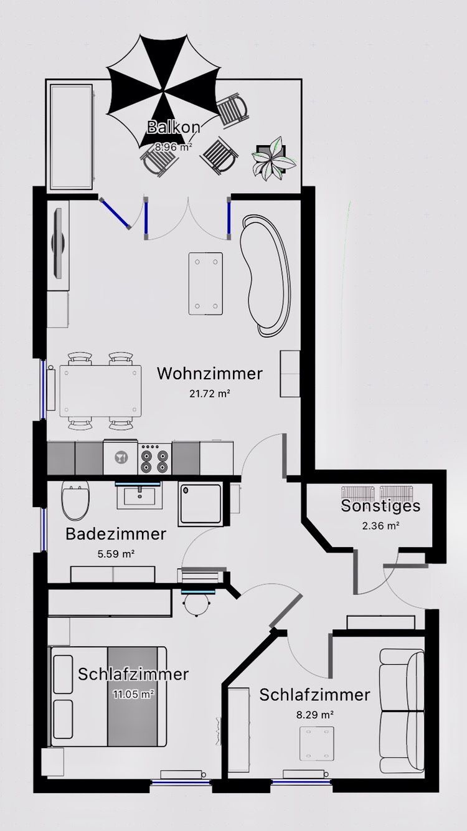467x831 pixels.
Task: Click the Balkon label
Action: (x=174, y=127)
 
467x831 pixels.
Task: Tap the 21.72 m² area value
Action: (x=210, y=394)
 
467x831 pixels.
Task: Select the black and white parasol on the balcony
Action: (x=164, y=92)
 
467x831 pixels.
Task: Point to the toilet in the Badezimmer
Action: (x=75, y=500)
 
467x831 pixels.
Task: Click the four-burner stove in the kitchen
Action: (x=154, y=460)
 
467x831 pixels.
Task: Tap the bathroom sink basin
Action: (x=139, y=496)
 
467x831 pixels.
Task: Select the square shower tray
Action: (x=200, y=504)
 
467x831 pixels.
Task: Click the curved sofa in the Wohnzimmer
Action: (x=266, y=276)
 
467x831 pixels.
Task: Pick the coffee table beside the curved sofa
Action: (x=206, y=284)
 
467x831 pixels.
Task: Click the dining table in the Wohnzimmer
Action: (x=100, y=391)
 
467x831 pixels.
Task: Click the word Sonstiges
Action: (x=380, y=506)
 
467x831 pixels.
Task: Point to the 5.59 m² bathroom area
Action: (x=116, y=554)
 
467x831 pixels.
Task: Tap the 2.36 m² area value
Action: (x=380, y=526)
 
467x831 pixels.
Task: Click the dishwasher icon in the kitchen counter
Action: (x=121, y=458)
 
